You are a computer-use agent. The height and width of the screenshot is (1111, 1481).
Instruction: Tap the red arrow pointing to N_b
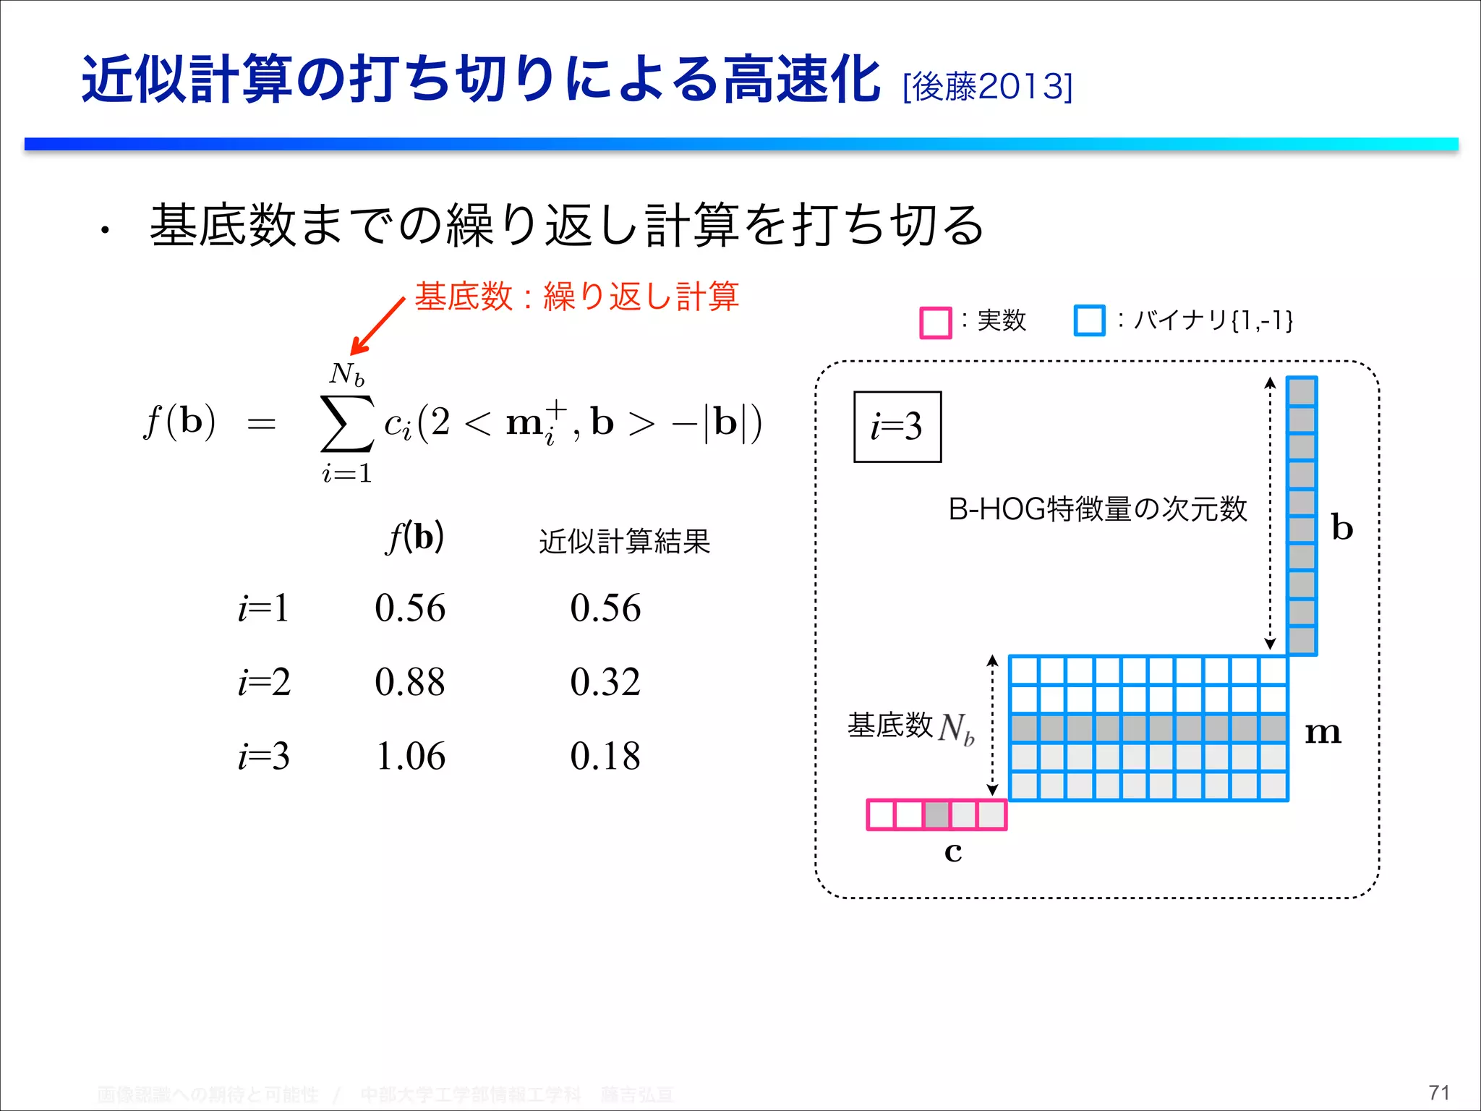377,327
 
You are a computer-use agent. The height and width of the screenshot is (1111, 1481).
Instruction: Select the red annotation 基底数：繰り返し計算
576,297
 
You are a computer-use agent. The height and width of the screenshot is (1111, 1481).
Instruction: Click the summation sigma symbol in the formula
346,423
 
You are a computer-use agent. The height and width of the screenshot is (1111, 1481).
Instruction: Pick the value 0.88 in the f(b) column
410,682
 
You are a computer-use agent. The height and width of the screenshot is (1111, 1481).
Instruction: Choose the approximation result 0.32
605,682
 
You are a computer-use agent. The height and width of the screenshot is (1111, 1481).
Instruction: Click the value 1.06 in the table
410,757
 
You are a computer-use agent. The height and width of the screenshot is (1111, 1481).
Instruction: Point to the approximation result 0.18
605,757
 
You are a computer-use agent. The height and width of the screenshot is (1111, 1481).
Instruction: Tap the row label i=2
265,682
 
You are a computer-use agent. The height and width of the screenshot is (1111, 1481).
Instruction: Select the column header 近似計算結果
625,541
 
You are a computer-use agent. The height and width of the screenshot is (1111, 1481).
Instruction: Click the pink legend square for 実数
935,323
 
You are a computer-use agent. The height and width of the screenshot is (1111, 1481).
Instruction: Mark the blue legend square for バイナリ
1089,321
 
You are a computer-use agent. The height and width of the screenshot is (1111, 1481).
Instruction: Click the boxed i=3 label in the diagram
897,427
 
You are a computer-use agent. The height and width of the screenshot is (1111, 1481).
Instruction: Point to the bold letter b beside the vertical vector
1342,527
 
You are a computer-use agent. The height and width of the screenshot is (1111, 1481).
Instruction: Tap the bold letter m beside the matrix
1323,733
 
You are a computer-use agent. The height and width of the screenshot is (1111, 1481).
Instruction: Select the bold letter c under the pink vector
953,852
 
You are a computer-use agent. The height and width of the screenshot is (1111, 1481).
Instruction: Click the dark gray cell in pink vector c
936,815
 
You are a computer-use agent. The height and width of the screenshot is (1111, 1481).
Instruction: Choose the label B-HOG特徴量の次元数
1098,509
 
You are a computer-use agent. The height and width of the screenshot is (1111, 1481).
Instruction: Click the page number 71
1439,1092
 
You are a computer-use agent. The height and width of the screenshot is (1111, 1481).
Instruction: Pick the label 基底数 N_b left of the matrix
911,726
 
